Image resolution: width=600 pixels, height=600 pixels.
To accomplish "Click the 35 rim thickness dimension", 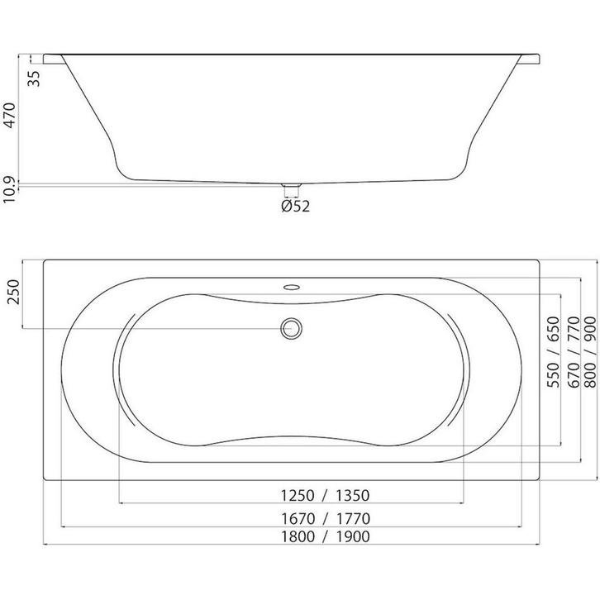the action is (35, 79).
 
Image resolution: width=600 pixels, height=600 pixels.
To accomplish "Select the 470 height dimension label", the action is (9, 116).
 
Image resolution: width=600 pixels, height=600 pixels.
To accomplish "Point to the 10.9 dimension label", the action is (9, 190).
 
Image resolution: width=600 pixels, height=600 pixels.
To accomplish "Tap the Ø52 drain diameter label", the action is (295, 207).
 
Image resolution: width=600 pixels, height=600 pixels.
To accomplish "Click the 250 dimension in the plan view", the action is (13, 292).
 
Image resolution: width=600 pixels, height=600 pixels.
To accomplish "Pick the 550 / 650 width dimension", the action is (554, 352).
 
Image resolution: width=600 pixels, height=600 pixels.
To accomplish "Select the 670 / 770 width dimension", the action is (574, 352).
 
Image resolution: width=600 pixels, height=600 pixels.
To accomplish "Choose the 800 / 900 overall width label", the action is (590, 352).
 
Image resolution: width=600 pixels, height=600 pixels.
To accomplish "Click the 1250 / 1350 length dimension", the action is (326, 496).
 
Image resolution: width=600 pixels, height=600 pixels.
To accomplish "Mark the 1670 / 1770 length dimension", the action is (326, 519).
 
